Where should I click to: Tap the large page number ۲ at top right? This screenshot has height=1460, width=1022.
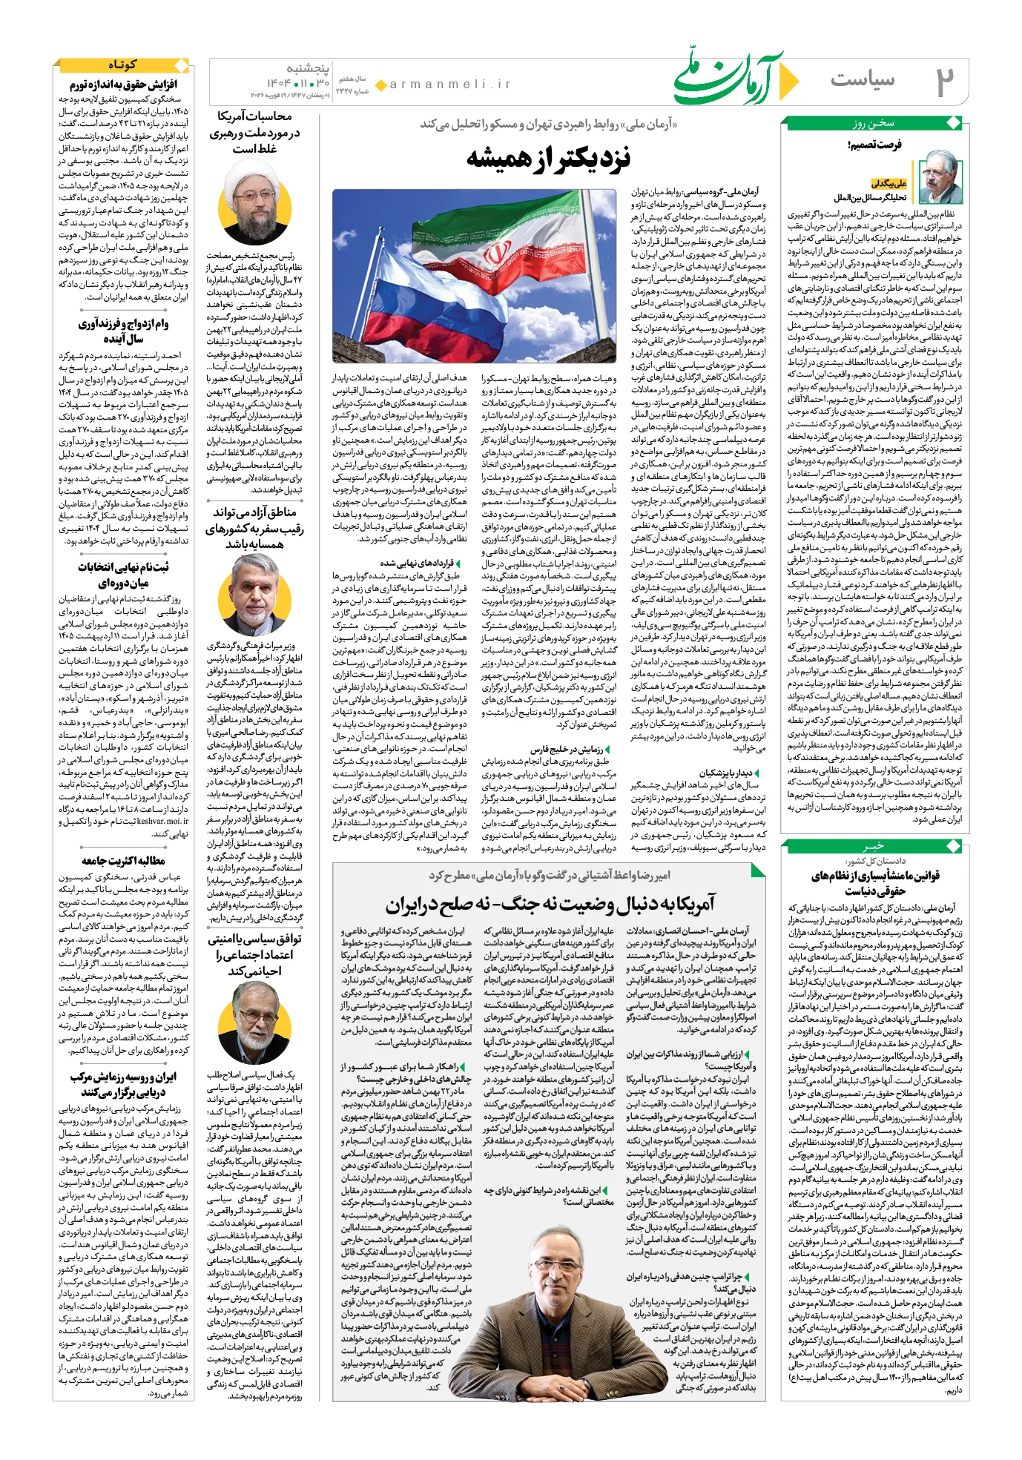943,82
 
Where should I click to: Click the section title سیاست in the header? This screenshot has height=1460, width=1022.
863,79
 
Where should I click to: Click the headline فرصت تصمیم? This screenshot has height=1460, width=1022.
874,145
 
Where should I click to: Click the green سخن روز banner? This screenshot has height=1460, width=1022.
873,123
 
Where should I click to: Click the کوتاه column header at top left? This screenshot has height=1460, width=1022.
122,65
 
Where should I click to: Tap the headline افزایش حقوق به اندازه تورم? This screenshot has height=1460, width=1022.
123,85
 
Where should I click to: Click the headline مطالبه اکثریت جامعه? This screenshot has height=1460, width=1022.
123,861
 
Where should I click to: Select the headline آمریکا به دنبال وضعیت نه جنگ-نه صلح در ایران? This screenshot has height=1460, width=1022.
550,904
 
